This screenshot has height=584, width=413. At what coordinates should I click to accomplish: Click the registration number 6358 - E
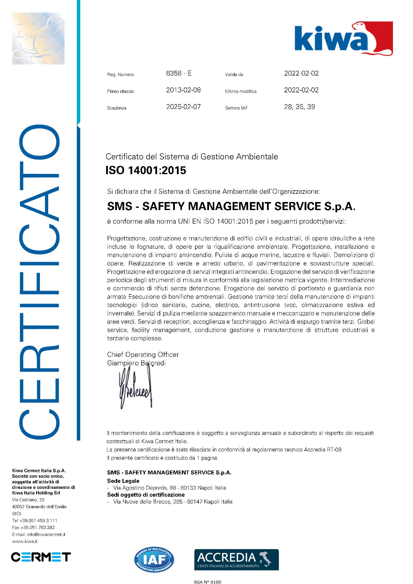click(x=179, y=74)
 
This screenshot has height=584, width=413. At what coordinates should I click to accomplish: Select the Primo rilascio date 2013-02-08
click(x=183, y=90)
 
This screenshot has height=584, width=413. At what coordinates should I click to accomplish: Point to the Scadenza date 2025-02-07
click(x=183, y=107)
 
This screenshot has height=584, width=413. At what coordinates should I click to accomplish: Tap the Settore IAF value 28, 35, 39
click(x=299, y=107)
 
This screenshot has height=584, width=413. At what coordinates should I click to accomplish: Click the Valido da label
click(x=234, y=75)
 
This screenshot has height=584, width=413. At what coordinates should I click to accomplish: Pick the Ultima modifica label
click(x=241, y=91)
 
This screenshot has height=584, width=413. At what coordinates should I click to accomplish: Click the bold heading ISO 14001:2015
click(x=146, y=170)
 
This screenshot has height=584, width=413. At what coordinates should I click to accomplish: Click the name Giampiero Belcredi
click(x=136, y=363)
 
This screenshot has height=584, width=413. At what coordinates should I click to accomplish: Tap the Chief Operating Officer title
click(x=143, y=355)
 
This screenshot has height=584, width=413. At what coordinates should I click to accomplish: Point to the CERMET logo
click(x=41, y=557)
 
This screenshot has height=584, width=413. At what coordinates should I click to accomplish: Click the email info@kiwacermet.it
click(x=39, y=535)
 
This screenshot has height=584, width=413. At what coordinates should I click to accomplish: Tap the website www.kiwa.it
click(x=25, y=542)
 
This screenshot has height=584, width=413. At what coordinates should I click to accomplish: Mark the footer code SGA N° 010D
click(x=208, y=582)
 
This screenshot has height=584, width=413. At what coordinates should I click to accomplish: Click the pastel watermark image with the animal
click(x=38, y=39)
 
